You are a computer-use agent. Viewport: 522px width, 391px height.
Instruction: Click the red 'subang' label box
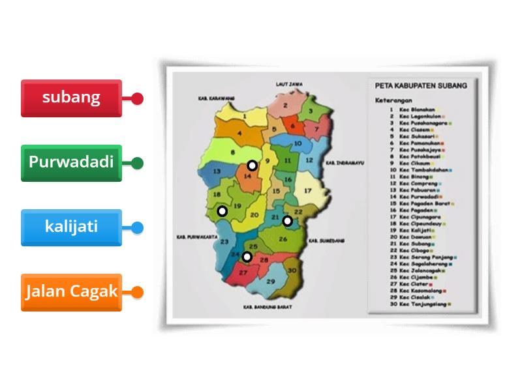coord(71,98)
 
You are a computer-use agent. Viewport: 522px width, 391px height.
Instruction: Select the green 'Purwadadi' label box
coord(71,163)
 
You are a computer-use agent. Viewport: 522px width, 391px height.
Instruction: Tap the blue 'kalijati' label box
coord(71,227)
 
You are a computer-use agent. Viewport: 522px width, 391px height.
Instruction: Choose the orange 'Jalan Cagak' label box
coord(71,292)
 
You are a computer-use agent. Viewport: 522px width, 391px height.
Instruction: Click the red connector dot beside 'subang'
coord(137,98)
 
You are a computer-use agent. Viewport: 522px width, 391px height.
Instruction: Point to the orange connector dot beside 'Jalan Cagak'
coord(137,292)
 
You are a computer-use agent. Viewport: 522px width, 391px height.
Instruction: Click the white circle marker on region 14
coord(252,166)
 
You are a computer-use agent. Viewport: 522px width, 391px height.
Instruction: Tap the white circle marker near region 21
coord(287,221)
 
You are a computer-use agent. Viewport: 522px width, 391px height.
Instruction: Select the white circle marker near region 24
coord(247,257)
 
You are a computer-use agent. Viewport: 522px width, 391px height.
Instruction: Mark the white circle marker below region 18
coord(222,211)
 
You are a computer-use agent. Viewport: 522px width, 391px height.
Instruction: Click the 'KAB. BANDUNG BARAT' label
coord(268,306)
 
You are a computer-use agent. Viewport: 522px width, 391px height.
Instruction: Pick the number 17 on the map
coord(307,192)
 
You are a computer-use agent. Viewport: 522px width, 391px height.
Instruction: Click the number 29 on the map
coord(269,282)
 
